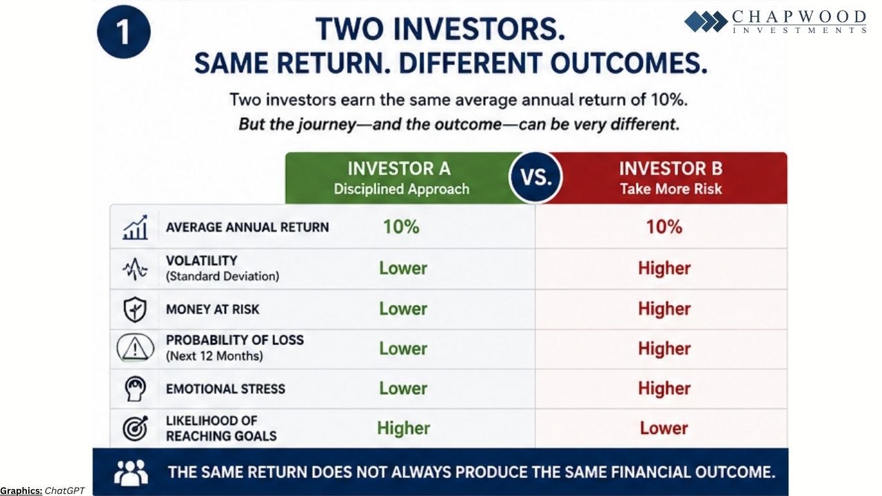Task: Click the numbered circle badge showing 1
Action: (x=123, y=32)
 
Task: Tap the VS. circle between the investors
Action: (x=535, y=177)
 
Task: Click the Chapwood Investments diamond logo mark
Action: (x=706, y=21)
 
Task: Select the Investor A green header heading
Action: (x=399, y=169)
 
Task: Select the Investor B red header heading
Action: (x=671, y=169)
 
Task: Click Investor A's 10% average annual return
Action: (x=401, y=227)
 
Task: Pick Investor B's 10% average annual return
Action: (x=664, y=227)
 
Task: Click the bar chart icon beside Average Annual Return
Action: (x=135, y=227)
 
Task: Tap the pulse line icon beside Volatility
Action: (x=135, y=269)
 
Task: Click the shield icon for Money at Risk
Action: (x=135, y=309)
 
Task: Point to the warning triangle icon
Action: (x=135, y=348)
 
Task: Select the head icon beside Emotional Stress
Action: (x=135, y=389)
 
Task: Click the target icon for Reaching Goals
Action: (x=135, y=428)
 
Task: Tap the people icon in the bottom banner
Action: (x=131, y=473)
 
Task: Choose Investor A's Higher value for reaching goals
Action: (x=404, y=428)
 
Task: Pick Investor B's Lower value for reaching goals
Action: (x=664, y=428)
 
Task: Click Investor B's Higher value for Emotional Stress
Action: (x=664, y=389)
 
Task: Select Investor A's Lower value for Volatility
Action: (x=403, y=269)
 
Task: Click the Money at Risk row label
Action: (x=213, y=309)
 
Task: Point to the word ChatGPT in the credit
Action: (x=65, y=490)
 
